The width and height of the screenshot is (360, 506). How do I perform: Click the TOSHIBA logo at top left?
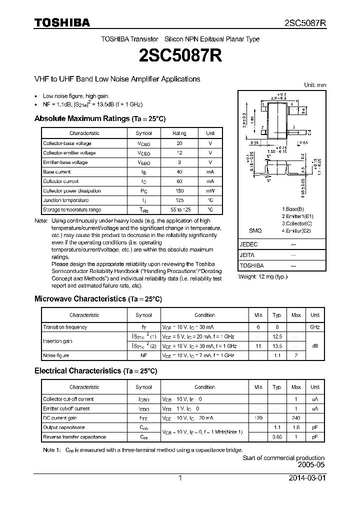pos(61,22)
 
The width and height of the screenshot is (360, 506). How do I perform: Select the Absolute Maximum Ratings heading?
pos(99,118)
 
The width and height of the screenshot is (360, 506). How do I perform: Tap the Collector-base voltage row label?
pos(67,143)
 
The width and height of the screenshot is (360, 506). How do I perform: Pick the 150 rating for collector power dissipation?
pos(179,190)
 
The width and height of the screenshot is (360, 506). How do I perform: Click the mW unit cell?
pos(210,190)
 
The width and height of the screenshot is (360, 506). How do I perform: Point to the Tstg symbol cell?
pos(143,210)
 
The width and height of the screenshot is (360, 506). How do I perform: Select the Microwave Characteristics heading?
pos(98,298)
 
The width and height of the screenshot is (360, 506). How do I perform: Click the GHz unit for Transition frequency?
pos(314,327)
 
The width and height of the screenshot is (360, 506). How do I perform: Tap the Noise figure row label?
pos(56,355)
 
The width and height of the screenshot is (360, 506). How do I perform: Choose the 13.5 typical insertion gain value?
pos(276,346)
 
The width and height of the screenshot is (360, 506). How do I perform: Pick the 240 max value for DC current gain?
pos(296,418)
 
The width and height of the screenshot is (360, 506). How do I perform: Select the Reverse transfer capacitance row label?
pos(74,437)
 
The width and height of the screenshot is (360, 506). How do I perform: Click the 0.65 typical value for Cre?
pos(276,437)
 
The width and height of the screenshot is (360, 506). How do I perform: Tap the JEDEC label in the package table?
pos(249,244)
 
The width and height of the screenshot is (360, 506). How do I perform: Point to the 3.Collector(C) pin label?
pos(296,223)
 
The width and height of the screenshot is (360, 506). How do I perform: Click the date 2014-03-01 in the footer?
pos(306,478)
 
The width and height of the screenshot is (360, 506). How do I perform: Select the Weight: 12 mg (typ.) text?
pos(263,276)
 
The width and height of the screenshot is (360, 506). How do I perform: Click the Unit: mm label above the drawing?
pos(315,85)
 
